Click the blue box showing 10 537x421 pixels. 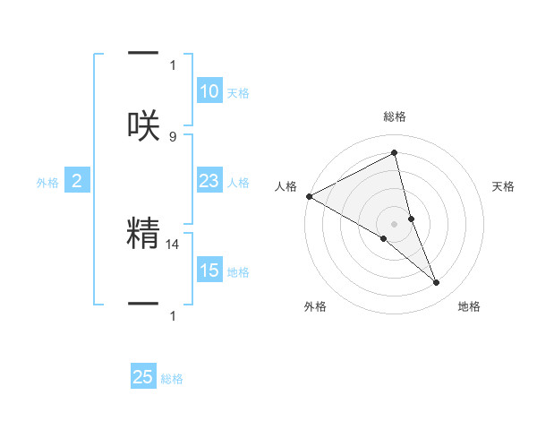point(209,91)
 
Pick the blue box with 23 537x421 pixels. point(209,181)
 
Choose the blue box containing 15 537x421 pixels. point(209,271)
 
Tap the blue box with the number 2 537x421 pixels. point(77,182)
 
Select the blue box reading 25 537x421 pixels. point(143,377)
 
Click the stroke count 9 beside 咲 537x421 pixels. point(173,136)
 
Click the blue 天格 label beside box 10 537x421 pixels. point(238,93)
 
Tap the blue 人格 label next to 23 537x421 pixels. point(238,183)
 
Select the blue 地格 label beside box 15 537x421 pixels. point(238,272)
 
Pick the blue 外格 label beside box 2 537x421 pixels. point(47,183)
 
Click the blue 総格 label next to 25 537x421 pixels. point(172,379)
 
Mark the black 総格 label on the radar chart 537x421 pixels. point(394,116)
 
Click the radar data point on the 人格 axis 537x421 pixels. point(309,196)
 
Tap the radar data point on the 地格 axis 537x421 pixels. point(437,283)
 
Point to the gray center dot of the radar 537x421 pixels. point(394,223)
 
